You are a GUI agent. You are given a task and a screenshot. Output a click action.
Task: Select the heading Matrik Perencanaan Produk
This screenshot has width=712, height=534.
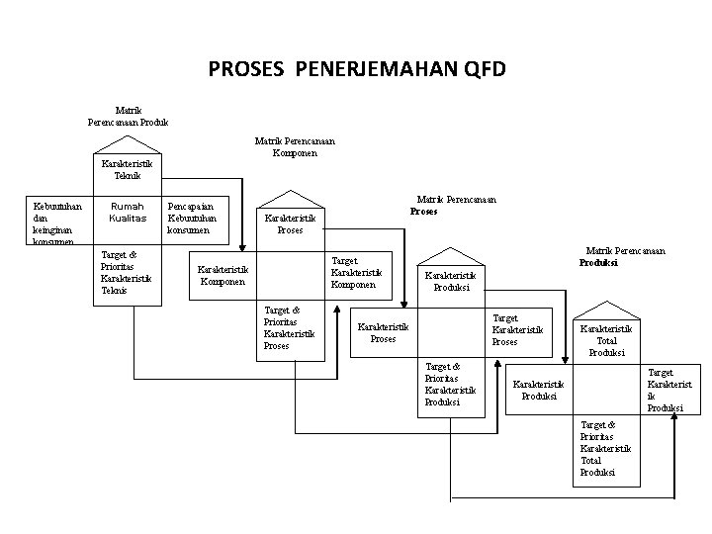128,116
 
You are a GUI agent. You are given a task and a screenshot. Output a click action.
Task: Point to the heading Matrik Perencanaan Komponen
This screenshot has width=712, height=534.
295,146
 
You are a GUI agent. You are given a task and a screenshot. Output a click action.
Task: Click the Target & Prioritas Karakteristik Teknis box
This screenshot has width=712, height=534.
127,273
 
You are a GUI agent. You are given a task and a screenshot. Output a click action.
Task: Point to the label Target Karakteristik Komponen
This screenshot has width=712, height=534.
356,272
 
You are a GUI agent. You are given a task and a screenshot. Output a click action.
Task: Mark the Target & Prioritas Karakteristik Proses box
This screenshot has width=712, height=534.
289,328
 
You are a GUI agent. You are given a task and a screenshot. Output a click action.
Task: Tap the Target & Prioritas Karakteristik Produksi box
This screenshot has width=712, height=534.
450,384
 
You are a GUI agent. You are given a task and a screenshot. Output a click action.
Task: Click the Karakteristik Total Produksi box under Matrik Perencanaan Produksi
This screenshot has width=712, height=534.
606,340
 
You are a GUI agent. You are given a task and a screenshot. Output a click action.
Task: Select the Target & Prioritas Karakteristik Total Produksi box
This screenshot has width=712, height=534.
605,449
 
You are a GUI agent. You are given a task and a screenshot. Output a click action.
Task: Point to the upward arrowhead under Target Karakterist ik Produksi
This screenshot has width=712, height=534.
675,419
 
